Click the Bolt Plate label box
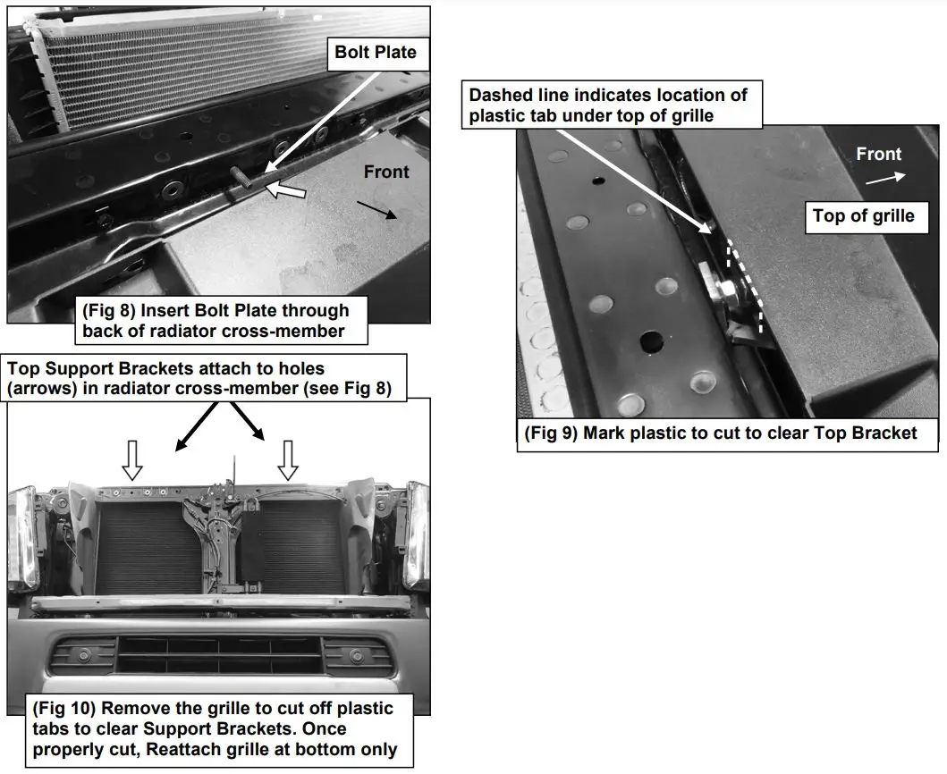coord(375,52)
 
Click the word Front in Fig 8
coord(386,172)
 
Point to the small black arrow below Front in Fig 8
coord(375,208)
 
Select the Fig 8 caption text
coord(215,321)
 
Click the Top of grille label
coord(863,215)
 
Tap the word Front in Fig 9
coord(878,154)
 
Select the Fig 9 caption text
coord(721,433)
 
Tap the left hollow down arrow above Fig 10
coord(132,459)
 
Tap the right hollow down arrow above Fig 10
coord(287,459)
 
